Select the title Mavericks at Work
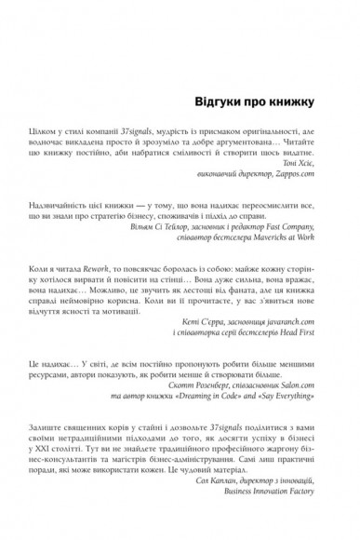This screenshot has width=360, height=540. click(x=292, y=263)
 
